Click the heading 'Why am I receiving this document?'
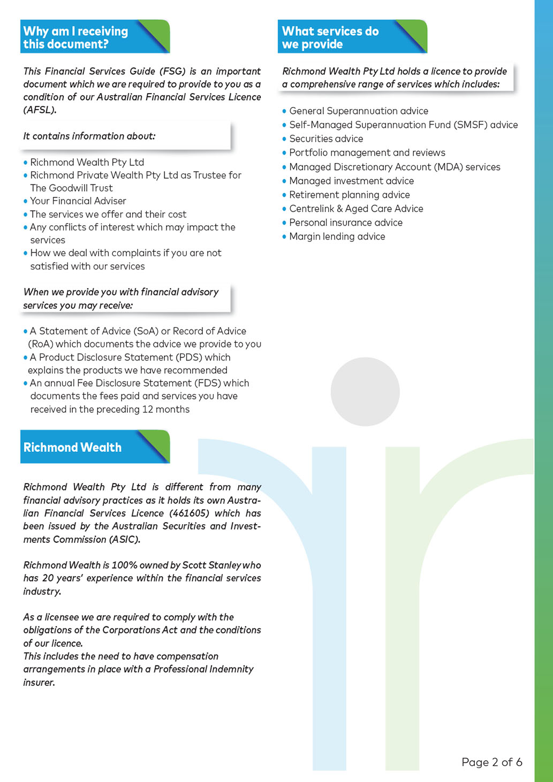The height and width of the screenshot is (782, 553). coord(76,37)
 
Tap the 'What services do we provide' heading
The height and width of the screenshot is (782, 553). coord(330,37)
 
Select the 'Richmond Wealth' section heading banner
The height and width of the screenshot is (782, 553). coord(73,447)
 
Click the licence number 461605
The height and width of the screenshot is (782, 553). coord(190,513)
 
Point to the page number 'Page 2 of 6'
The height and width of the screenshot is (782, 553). coord(491,762)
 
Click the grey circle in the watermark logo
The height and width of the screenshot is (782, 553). coord(365,392)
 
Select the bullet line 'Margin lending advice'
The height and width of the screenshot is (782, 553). coord(337,236)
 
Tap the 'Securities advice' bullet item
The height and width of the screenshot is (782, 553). coord(326,139)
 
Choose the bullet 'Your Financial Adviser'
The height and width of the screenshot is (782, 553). coord(78,201)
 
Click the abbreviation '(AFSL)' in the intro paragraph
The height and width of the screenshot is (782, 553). coord(40,110)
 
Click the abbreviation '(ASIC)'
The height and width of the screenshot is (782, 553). coord(124,539)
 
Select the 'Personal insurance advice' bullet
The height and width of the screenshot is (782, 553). coord(346,223)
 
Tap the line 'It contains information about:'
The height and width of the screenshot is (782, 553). coord(89,136)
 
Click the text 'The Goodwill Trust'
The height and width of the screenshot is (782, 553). coord(71,188)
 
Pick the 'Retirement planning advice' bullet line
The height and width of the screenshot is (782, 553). coord(350,195)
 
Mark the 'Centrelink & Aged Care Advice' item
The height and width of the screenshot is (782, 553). coord(356,209)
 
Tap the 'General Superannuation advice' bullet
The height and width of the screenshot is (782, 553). coord(359,111)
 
